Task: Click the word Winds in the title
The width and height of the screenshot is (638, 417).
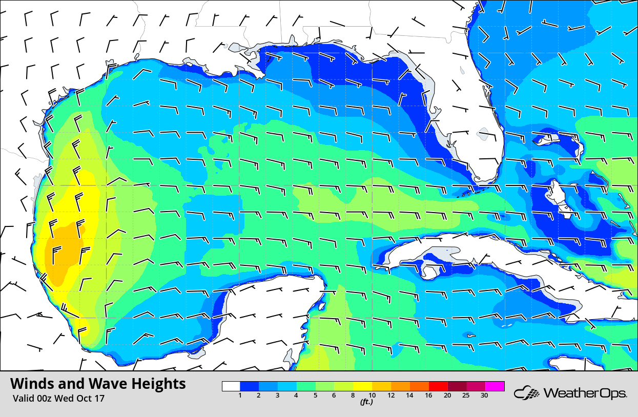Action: click(x=31, y=384)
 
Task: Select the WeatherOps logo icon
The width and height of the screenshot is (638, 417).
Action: click(x=527, y=393)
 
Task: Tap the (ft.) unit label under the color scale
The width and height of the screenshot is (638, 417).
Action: click(x=366, y=402)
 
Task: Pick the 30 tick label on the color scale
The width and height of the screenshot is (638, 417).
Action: click(x=484, y=395)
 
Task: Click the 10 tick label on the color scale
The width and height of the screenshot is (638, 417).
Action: click(x=372, y=395)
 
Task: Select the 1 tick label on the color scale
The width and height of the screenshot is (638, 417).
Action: click(x=240, y=395)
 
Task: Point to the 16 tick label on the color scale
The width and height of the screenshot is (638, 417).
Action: click(x=428, y=395)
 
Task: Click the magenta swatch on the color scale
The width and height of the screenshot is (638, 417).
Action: click(x=495, y=386)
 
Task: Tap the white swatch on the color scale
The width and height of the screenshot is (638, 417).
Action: click(x=231, y=386)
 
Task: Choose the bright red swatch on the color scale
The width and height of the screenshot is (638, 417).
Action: click(x=438, y=386)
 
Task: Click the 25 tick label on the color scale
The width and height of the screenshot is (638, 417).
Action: click(x=465, y=395)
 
